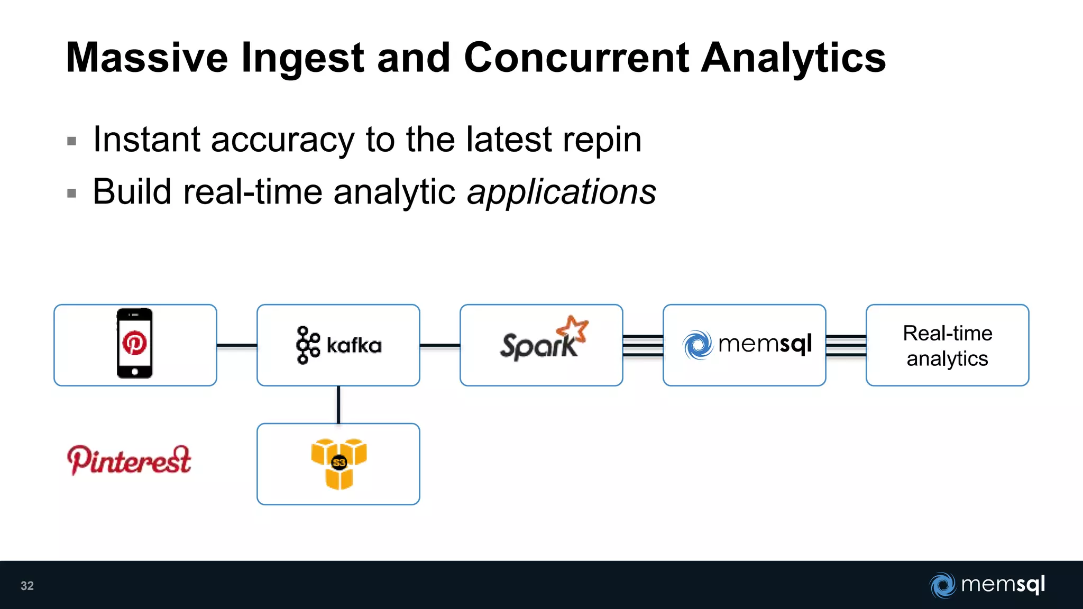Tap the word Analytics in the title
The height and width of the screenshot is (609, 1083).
pos(793,58)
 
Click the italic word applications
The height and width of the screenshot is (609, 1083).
pos(561,191)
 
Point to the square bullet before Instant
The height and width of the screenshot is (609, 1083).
pos(72,141)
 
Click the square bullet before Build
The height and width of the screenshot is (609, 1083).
pos(72,193)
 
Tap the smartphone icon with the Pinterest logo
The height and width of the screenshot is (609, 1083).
pos(134,344)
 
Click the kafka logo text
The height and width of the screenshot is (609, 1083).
pos(353,346)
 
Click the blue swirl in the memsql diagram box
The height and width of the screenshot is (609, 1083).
pos(697,345)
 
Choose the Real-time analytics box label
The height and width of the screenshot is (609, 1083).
pos(947,346)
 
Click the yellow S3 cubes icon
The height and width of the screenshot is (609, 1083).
pos(338,464)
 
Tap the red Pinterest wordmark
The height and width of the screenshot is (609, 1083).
pos(129,460)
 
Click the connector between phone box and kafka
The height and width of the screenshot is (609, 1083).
pos(236,345)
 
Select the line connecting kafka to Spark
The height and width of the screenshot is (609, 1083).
pos(439,345)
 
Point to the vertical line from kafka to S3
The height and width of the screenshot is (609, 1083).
pos(338,404)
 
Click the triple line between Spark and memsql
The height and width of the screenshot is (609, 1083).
pos(643,346)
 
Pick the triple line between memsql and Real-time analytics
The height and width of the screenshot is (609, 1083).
pos(846,346)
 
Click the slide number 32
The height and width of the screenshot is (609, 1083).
pos(27,586)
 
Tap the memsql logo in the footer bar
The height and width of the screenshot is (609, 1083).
pos(987,585)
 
